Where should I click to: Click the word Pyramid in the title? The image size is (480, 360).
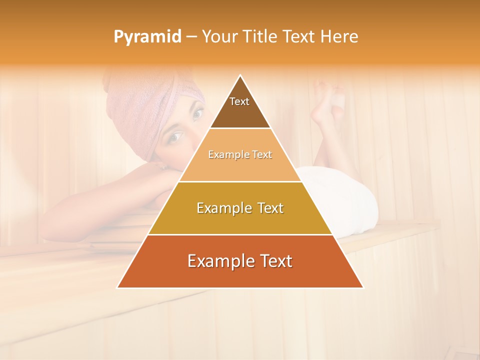point(147,37)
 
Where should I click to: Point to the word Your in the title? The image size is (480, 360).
point(218,37)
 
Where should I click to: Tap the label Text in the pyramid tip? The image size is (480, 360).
point(239,101)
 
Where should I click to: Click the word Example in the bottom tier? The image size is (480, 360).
point(218,261)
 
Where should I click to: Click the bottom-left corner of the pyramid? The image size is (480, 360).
point(117,287)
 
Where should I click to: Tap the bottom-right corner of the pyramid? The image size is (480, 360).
point(363,287)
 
